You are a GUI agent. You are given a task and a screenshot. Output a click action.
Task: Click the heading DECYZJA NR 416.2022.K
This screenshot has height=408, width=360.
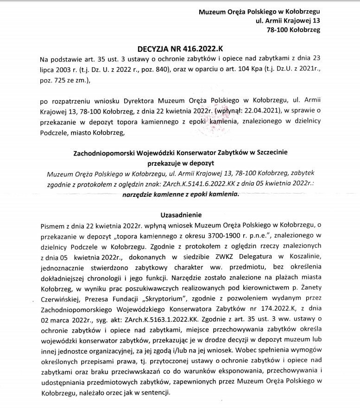click(180, 48)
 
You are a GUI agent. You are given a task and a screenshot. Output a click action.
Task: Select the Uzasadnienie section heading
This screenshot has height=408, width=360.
click(180, 215)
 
